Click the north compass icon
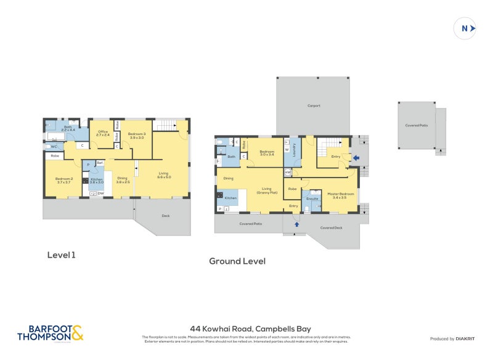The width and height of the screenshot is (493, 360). tap(465, 28)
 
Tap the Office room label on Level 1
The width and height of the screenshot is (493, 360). tap(103, 133)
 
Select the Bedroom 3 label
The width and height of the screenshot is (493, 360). tap(136, 136)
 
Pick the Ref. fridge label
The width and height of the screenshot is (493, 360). tap(99, 163)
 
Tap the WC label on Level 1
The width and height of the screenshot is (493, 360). tap(54, 147)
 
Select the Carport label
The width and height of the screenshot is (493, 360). tap(314, 106)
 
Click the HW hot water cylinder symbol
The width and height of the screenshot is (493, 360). tap(288, 172)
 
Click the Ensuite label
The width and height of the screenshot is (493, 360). tap(312, 199)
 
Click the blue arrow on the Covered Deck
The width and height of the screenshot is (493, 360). tap(296, 224)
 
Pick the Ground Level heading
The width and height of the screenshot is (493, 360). tap(237, 261)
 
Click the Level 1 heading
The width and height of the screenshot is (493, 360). tap(62, 254)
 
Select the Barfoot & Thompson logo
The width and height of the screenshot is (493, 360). tap(50, 333)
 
